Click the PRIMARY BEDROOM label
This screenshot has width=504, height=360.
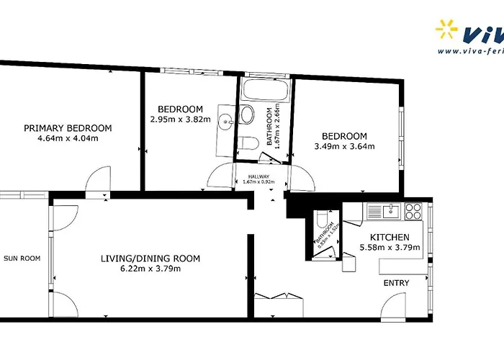click(68, 128)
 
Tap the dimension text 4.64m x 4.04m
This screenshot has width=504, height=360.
click(68, 138)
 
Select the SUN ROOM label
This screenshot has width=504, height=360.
click(22, 258)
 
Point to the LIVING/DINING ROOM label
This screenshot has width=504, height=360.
click(150, 258)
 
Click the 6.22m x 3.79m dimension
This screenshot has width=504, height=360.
click(150, 269)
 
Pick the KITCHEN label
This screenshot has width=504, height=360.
click(390, 238)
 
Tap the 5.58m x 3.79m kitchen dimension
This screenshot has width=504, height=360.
click(390, 248)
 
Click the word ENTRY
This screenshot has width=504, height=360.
click(396, 283)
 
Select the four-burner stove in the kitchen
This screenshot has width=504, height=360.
click(413, 211)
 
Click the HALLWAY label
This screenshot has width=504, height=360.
click(258, 176)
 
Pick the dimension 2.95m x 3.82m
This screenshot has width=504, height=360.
click(176, 120)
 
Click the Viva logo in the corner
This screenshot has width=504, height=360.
click(469, 36)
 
